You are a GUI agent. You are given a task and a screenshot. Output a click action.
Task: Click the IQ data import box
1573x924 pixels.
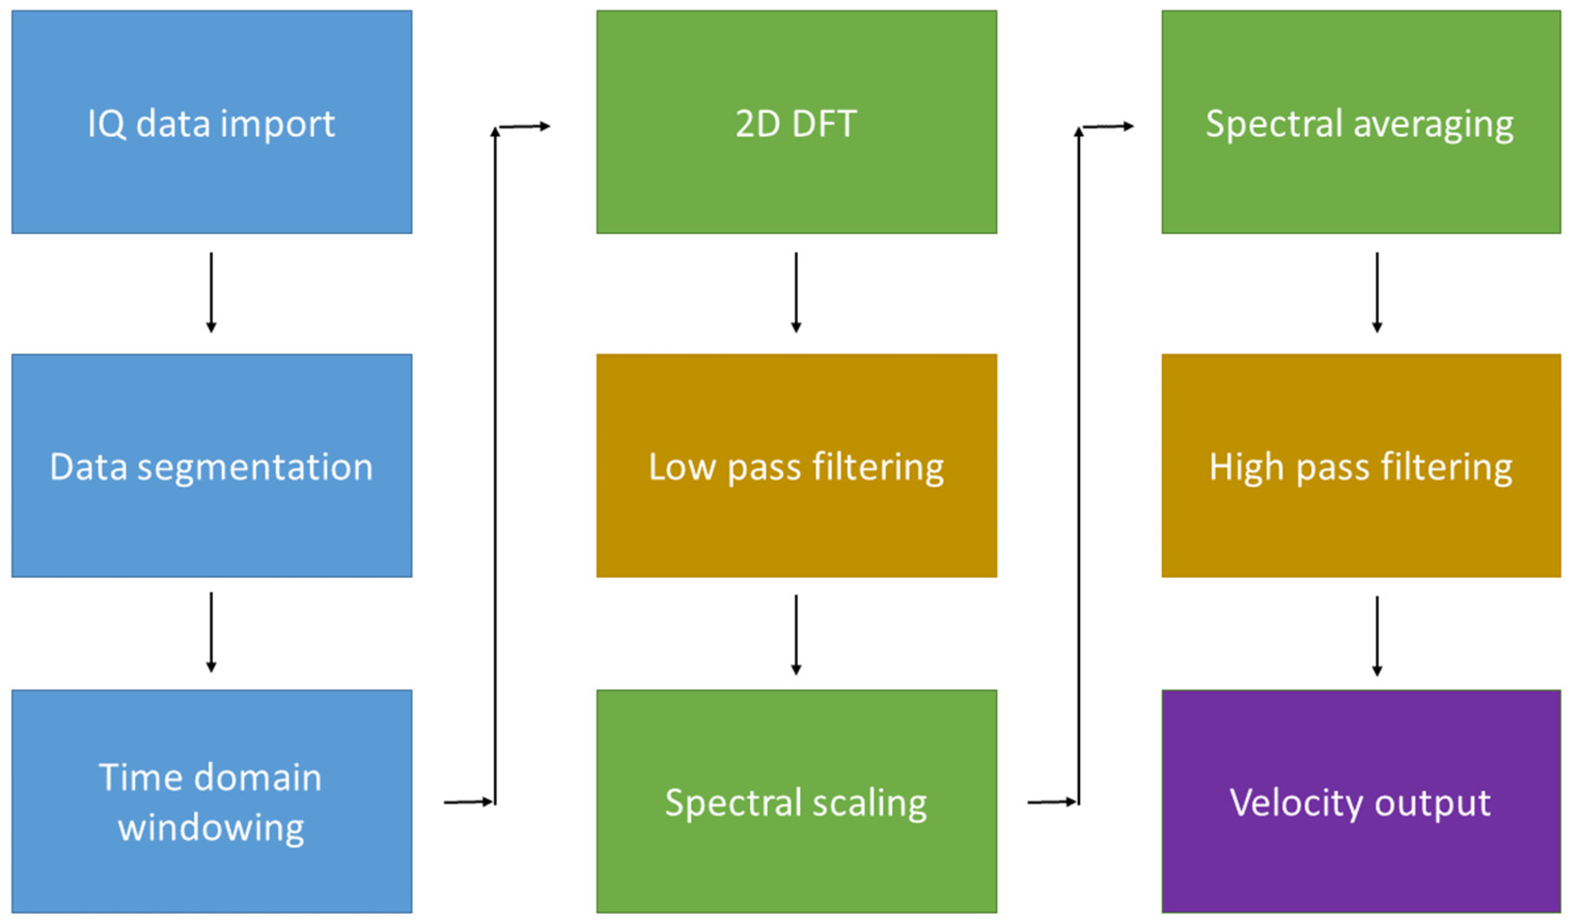coord(212,122)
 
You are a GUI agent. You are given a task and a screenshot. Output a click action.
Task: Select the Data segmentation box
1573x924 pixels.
coord(212,466)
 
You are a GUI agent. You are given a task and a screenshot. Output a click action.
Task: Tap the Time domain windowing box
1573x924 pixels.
coord(212,802)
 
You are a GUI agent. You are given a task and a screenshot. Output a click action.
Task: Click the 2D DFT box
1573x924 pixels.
coord(797,122)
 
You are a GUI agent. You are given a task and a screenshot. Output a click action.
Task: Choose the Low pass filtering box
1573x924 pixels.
coord(797,466)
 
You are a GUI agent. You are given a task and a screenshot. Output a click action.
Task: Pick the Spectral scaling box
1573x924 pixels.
coord(797,802)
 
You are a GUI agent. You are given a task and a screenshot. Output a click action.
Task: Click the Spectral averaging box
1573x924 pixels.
coord(1361,122)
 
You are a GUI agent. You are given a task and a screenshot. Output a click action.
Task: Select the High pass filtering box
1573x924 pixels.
coord(1361,466)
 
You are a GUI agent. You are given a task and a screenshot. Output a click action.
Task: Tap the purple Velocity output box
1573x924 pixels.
coord(1361,802)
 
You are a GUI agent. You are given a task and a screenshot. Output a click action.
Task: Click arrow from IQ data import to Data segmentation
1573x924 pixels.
coord(211,292)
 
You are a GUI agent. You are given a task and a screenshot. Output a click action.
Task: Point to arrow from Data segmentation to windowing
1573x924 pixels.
coord(211,632)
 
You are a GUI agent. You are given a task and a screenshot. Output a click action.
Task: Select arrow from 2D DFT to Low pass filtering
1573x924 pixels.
coord(796,292)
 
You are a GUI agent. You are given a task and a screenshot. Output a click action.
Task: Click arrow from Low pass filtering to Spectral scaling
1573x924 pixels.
coord(796,635)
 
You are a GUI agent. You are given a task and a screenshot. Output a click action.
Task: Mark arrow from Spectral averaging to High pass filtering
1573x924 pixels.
coord(1377,292)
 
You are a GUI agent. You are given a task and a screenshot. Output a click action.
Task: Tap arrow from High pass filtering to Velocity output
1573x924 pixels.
coord(1377,636)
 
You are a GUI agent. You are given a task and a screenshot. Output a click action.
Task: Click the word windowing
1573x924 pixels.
coord(211,829)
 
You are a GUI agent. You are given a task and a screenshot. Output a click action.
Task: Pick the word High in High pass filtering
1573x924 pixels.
coord(1245,467)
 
